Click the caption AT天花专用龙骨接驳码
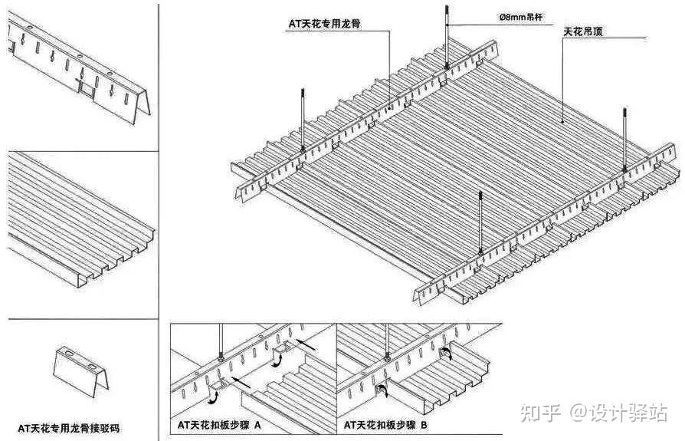pos(69,427)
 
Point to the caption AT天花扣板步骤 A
pos(218,424)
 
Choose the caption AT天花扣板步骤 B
pos(385,424)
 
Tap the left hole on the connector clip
pos(67,355)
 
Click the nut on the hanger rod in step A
pos(221,355)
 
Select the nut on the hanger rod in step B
pos(388,355)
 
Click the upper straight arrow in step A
pos(305,346)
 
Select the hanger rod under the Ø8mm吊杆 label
pos(447,35)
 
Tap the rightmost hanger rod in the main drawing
pos(625,138)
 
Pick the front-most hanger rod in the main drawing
pos(480,222)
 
